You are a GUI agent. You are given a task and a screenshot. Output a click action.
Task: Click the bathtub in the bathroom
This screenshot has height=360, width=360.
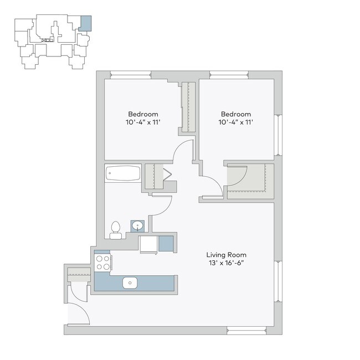124,173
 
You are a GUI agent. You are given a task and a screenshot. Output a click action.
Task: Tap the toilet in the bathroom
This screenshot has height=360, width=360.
115,229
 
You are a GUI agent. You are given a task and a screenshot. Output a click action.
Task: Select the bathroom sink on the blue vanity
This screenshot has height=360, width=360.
137,226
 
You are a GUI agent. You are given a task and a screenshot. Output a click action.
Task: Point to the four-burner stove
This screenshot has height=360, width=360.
102,263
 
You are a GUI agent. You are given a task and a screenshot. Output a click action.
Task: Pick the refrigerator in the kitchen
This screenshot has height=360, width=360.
148,244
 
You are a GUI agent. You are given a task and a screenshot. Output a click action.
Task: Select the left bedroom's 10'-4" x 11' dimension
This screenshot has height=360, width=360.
142,122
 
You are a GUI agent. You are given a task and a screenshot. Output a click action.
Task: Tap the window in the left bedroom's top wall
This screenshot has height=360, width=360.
131,75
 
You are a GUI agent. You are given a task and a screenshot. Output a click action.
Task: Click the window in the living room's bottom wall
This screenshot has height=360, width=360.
247,331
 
